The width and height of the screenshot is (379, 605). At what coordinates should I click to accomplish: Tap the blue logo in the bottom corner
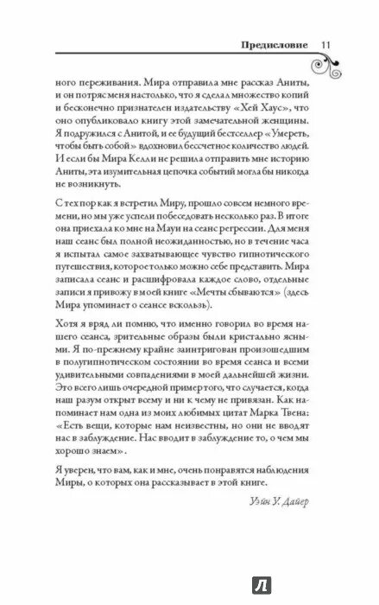pyautogui.click(x=358, y=589)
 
